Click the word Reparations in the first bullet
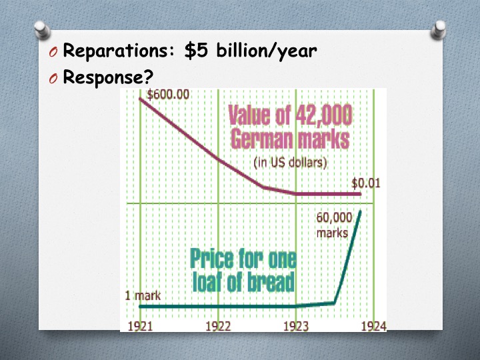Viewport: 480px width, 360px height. [x=119, y=51]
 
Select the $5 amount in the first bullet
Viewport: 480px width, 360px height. [x=196, y=51]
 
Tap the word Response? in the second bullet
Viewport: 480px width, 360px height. [x=108, y=77]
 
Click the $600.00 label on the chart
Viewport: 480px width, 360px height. [x=168, y=94]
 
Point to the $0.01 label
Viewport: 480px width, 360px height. [x=366, y=183]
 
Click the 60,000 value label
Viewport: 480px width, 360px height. [x=334, y=217]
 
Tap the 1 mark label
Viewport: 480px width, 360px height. [x=143, y=296]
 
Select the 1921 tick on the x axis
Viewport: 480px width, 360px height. [x=140, y=326]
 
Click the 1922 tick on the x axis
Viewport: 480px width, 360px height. [x=218, y=326]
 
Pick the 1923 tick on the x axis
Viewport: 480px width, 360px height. [x=296, y=326]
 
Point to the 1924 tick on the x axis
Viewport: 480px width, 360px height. [x=374, y=326]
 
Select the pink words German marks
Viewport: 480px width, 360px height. [x=290, y=139]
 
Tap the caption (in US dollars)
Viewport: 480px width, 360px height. [x=290, y=163]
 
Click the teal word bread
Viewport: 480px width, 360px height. [x=271, y=282]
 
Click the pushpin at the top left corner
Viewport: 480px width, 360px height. [x=42, y=30]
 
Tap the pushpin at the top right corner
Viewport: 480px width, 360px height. [x=439, y=30]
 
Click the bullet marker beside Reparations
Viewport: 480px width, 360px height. [x=53, y=53]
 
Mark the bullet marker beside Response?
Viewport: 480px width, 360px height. [x=53, y=79]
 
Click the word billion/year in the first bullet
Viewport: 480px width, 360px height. [x=266, y=51]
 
